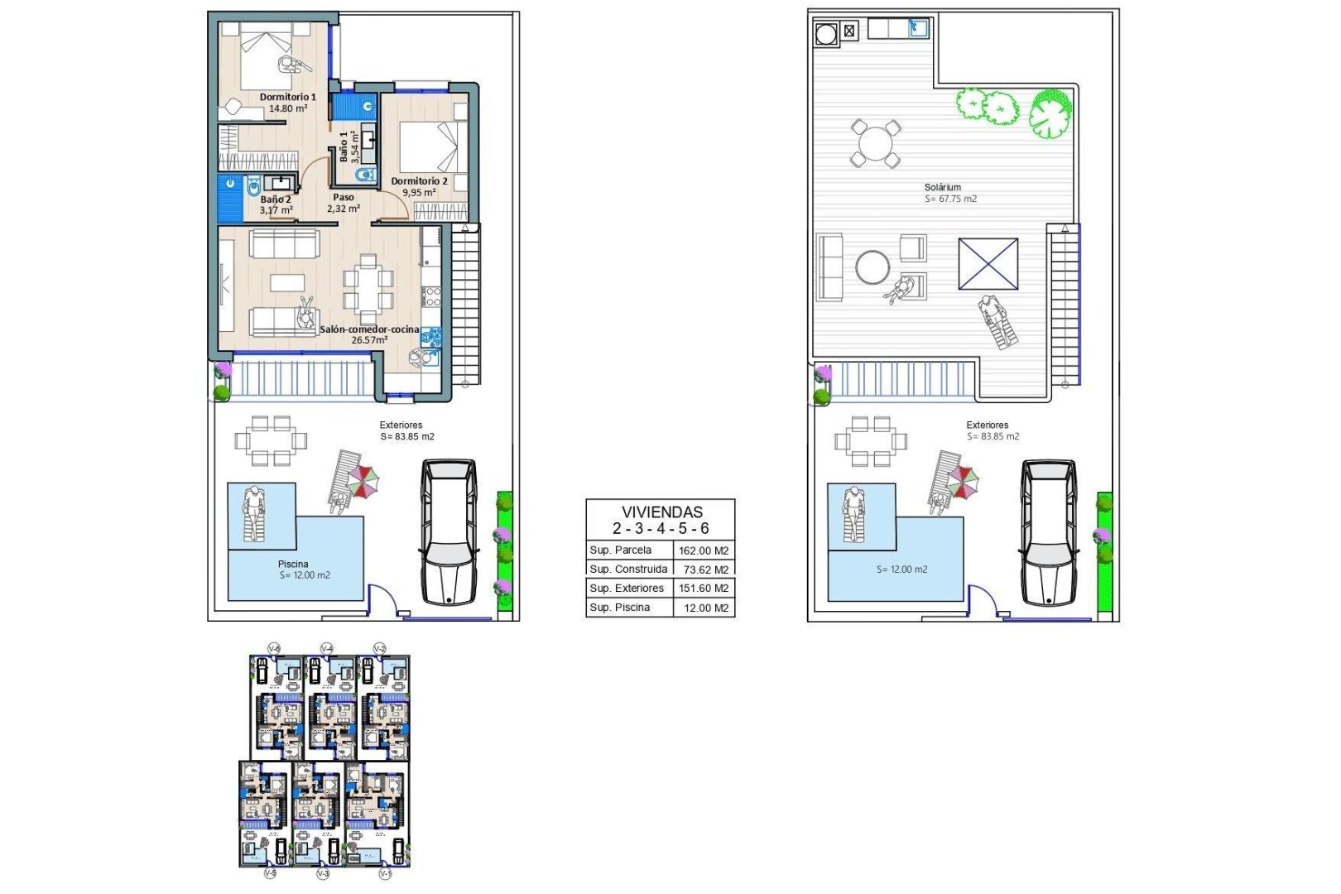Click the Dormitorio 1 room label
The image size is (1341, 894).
[x=287, y=97]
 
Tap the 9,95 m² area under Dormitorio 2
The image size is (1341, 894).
[x=419, y=193]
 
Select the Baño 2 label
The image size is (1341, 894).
[x=276, y=199]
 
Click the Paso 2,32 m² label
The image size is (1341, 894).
[x=343, y=203]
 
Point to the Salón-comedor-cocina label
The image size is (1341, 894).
[x=369, y=329]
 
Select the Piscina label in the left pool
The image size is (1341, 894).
[x=293, y=565]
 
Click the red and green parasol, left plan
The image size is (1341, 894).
[x=362, y=481]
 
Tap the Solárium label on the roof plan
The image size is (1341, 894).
[x=943, y=188]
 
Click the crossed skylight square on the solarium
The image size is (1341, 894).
[x=988, y=264]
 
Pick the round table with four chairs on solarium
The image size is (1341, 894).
[x=875, y=144]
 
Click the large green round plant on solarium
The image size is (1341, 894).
[x=1050, y=113]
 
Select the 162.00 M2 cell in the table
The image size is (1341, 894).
[x=704, y=550]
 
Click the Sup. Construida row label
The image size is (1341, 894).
[x=628, y=570]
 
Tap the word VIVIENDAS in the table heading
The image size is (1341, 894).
[x=661, y=512]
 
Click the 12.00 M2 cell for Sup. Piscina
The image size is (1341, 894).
[x=705, y=608]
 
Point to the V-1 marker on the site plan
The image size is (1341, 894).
[x=384, y=873]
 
